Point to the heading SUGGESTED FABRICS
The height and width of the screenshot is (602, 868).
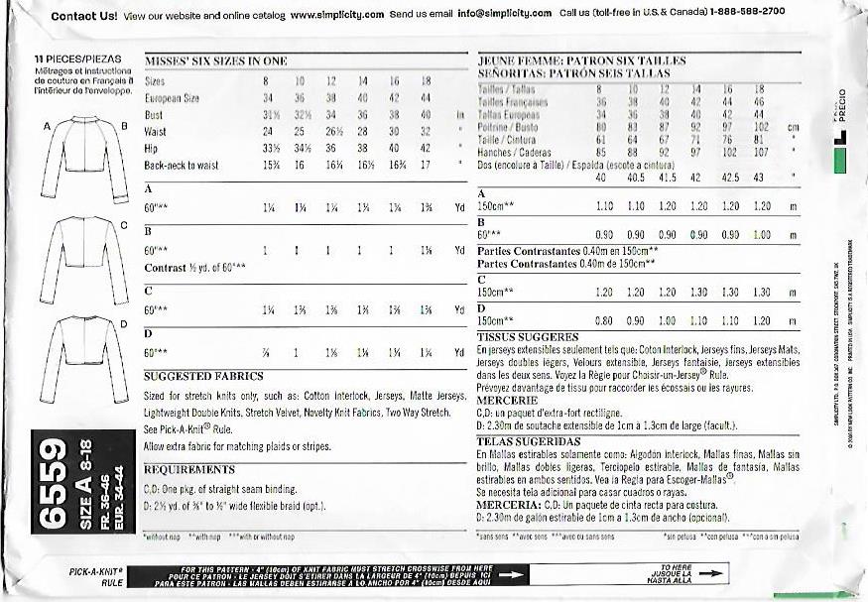203,377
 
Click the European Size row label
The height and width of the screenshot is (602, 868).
172,98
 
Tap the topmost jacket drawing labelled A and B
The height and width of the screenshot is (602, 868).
83,162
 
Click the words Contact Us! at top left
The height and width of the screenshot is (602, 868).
83,16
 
